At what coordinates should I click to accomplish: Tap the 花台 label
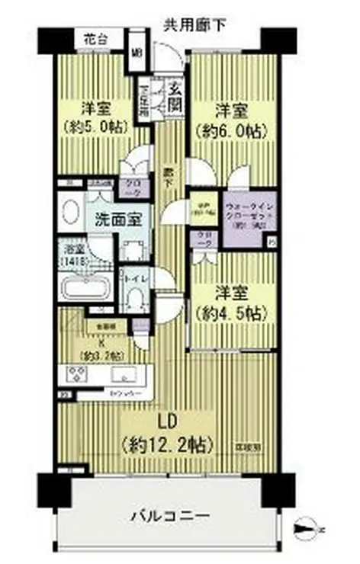(95, 37)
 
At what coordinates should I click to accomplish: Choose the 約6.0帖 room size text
(231, 130)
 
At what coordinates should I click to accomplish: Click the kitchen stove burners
(77, 374)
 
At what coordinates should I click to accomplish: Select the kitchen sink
(121, 375)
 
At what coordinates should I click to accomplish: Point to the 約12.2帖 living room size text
(167, 443)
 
